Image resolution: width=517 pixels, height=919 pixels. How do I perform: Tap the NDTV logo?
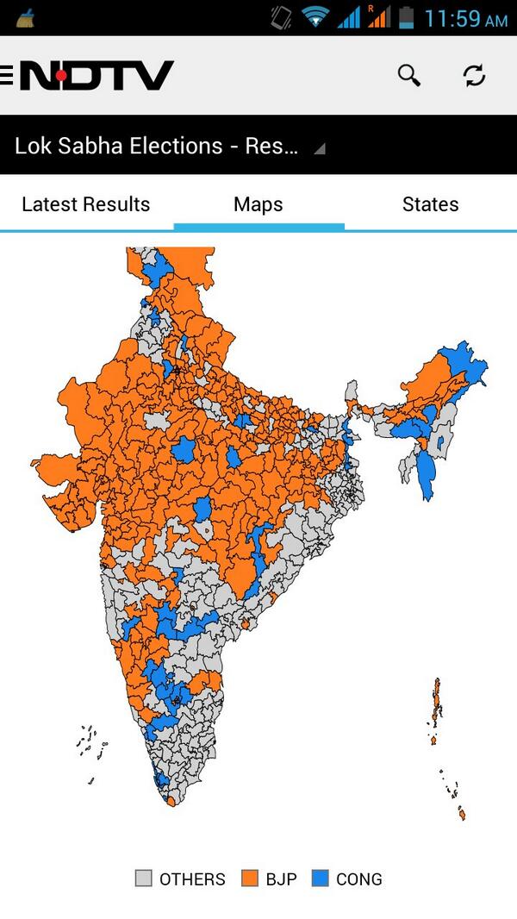[x=97, y=76]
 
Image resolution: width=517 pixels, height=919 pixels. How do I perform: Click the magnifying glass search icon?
[x=408, y=75]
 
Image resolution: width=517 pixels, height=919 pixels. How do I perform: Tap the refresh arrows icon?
[x=474, y=75]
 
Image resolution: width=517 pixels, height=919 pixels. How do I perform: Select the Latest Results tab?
[x=85, y=204]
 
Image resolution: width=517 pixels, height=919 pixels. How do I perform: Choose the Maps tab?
[x=258, y=204]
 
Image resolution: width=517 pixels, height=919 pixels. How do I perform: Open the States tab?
[x=430, y=204]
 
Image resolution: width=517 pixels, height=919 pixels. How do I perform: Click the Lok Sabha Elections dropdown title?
[x=156, y=145]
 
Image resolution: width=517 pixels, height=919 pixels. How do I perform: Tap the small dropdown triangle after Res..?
[x=320, y=148]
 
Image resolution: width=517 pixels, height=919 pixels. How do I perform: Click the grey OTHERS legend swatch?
[x=144, y=878]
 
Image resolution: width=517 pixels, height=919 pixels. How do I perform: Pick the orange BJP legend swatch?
[x=250, y=878]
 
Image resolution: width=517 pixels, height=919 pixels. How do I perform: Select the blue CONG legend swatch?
[x=321, y=878]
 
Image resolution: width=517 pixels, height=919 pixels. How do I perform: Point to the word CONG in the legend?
[x=358, y=879]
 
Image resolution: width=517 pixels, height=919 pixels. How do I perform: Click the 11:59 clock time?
[x=465, y=18]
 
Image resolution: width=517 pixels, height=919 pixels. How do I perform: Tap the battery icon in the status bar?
[x=407, y=17]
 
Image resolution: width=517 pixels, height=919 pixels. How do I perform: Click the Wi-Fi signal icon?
[x=315, y=17]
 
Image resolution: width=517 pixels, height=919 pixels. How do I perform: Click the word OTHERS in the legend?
[x=192, y=879]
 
